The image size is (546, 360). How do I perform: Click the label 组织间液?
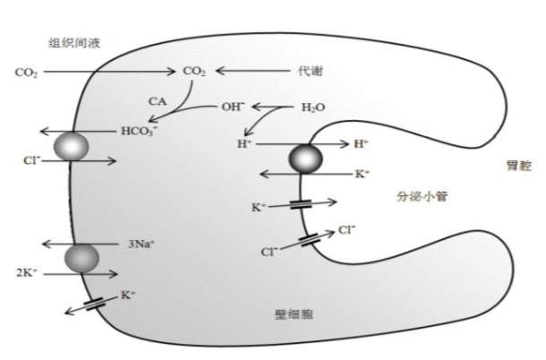[74, 43]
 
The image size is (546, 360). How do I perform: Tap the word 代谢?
[310, 71]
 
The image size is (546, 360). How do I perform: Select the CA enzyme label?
[158, 101]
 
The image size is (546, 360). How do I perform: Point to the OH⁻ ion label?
[233, 107]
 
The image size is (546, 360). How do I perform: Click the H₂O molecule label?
[313, 107]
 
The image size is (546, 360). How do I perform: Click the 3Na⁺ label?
[141, 244]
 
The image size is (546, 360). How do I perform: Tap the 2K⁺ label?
[27, 272]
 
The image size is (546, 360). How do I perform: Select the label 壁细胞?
[294, 314]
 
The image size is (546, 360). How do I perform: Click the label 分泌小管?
[422, 196]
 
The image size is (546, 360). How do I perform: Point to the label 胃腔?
[519, 166]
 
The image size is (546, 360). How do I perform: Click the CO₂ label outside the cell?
[26, 73]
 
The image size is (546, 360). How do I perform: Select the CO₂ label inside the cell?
[194, 72]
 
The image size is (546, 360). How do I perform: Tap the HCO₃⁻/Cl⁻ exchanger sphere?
[72, 147]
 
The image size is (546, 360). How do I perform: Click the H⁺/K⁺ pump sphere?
[305, 159]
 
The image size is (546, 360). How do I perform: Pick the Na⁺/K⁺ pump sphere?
[81, 258]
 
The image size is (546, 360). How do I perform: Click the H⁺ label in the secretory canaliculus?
[361, 143]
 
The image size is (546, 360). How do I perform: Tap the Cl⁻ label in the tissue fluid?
[32, 160]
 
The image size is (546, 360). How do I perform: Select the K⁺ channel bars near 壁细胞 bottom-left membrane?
[95, 304]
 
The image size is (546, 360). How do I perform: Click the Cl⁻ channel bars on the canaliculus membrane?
[309, 240]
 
